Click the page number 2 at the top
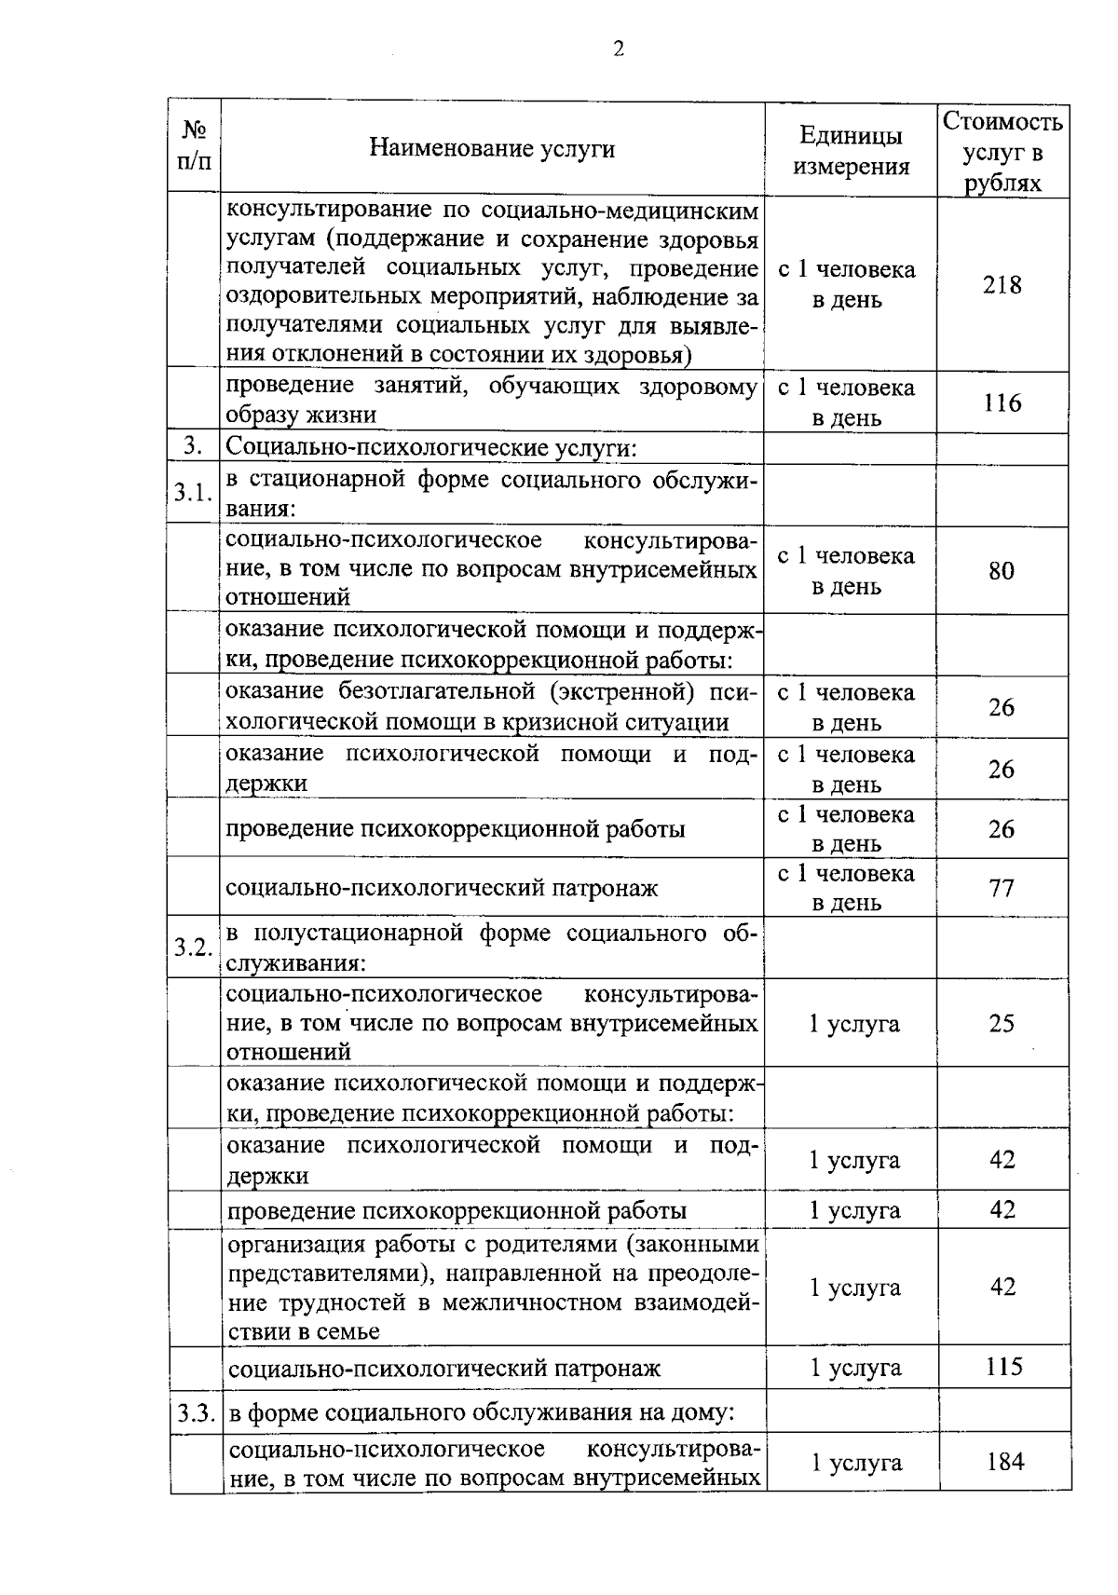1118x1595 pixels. tap(619, 49)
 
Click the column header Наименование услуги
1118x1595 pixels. tap(492, 148)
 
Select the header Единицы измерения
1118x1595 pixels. tap(851, 151)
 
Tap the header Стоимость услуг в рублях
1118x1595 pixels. tap(1002, 151)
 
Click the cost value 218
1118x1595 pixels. tap(1002, 285)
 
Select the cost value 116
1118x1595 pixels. tap(1002, 402)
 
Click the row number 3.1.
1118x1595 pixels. tap(194, 494)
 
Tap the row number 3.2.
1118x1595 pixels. tap(194, 947)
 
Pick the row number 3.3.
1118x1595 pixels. tap(196, 1413)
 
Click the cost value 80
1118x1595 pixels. tap(1002, 571)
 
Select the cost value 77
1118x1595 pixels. tap(1002, 887)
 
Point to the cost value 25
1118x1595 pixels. tap(1002, 1024)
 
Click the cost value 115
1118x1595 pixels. tap(1003, 1367)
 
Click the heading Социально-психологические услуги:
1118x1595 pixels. tap(431, 448)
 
